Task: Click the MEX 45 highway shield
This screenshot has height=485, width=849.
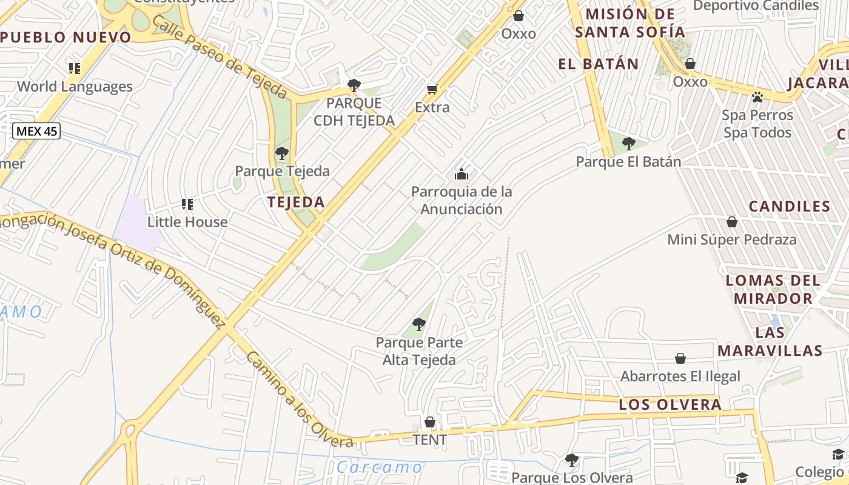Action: (x=37, y=130)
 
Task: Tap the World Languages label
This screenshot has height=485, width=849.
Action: (x=75, y=87)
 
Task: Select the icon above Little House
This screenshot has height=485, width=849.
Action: (x=187, y=204)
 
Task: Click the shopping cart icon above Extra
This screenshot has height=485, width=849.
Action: (x=432, y=90)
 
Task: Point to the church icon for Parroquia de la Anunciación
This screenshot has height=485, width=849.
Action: (x=461, y=175)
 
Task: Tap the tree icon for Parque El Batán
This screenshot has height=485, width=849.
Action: (x=629, y=144)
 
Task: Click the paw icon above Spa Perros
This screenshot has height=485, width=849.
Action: (x=757, y=97)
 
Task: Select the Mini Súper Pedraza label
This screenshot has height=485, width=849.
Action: (x=732, y=239)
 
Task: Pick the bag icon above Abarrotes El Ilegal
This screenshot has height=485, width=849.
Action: (x=680, y=358)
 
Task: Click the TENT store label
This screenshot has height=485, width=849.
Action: (x=429, y=440)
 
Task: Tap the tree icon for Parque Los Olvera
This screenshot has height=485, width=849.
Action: (x=571, y=460)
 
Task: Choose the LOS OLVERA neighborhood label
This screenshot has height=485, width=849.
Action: (x=670, y=404)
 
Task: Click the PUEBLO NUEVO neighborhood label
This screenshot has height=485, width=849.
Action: (x=65, y=37)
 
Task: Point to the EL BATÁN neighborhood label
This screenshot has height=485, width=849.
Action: (x=599, y=64)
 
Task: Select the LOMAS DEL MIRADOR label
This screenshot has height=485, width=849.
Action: (x=773, y=289)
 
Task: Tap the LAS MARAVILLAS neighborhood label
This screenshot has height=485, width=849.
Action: (x=770, y=341)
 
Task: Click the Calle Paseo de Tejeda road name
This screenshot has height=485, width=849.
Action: (x=220, y=56)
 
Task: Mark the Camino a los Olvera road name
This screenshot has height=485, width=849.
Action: (x=298, y=400)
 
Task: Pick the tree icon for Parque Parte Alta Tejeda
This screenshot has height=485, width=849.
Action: (x=418, y=324)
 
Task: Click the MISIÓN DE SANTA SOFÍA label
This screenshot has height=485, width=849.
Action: (x=631, y=23)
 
